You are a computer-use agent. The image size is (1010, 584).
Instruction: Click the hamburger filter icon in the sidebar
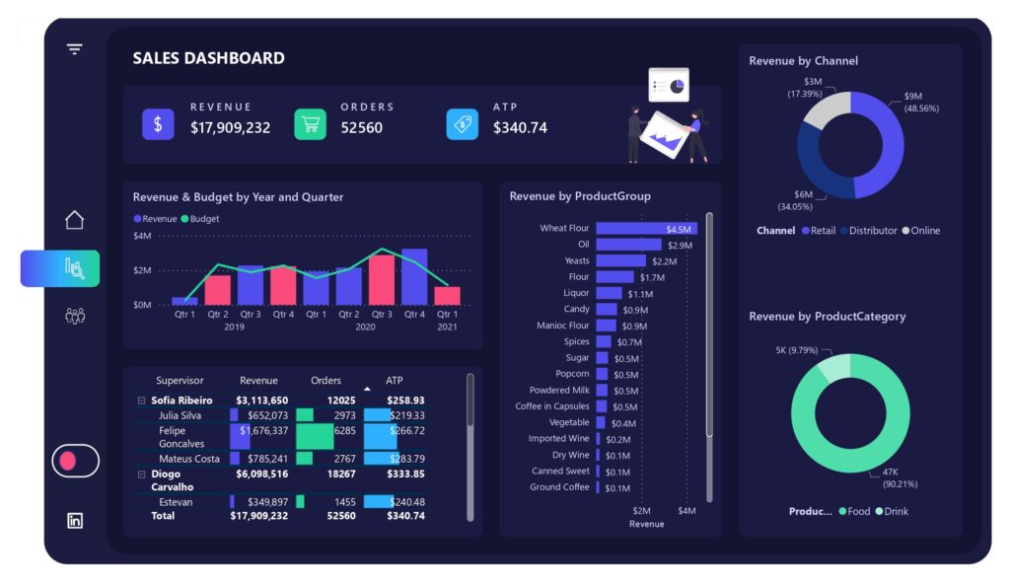coord(74,49)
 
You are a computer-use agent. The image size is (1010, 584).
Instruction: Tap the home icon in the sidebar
coord(74,220)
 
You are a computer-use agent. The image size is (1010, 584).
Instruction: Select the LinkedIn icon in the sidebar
coord(74,521)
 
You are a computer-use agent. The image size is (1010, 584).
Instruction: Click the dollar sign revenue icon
coord(158,124)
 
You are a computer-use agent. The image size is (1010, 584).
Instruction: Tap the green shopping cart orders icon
coord(310,124)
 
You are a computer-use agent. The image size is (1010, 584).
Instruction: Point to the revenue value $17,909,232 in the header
coord(230,127)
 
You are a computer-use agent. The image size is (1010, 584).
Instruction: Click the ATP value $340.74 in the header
coord(520,127)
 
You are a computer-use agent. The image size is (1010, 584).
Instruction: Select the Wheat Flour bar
coord(645,229)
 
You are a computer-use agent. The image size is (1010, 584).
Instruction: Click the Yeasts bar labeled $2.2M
coord(620,261)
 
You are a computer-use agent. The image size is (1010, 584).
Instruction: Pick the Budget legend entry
coord(204,219)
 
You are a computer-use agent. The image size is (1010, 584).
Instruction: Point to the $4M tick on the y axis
coord(141,237)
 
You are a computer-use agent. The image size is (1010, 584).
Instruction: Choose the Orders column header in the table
coord(325,381)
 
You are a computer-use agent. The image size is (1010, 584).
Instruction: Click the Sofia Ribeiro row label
coord(181,401)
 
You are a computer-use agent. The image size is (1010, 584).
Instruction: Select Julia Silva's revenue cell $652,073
coord(260,416)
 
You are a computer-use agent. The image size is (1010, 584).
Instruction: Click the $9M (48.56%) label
coord(920,103)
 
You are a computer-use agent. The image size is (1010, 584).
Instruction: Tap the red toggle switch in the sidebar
coord(75,461)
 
